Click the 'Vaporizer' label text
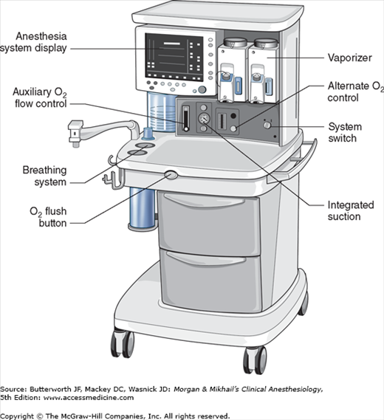click(350, 58)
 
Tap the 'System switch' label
click(345, 132)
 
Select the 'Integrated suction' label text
click(351, 211)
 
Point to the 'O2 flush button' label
click(48, 217)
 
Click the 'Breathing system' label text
click(44, 176)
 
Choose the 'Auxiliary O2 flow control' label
click(40, 97)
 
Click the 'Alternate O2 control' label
click(356, 92)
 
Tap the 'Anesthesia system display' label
click(33, 42)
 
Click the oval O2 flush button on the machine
click(171, 175)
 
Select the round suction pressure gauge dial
click(204, 118)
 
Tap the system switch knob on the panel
click(267, 125)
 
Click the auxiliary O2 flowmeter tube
click(185, 118)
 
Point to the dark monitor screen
click(174, 58)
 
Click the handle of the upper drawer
click(205, 201)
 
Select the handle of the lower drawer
click(206, 259)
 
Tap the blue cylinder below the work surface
click(143, 208)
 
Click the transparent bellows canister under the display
click(162, 112)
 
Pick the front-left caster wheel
click(123, 344)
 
